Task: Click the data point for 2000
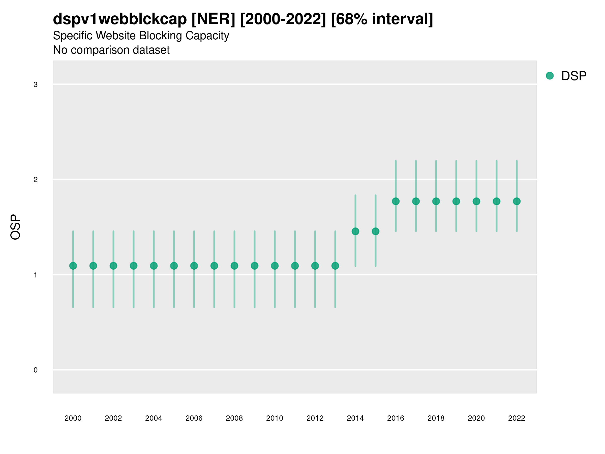coord(73,266)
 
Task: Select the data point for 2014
coord(355,231)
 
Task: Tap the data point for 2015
coord(376,231)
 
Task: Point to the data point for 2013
coord(335,266)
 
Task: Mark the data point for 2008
coord(234,266)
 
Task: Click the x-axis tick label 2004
coord(154,418)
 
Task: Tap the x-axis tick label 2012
coord(315,418)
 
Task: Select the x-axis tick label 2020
coord(476,418)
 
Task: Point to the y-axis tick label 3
coord(36,84)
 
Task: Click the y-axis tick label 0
coord(36,370)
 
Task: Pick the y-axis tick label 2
coord(36,180)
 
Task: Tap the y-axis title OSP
coord(15,227)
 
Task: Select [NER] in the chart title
coord(213,19)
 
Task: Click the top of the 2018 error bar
coord(436,161)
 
